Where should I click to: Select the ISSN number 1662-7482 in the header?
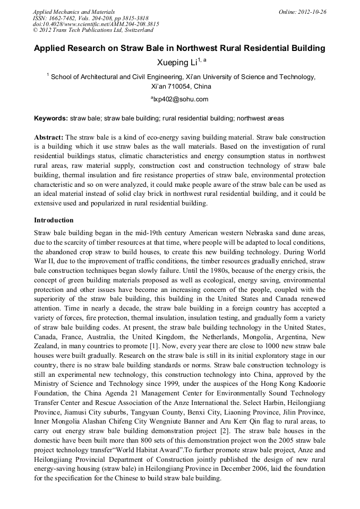click(65, 18)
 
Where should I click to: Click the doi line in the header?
click(96, 24)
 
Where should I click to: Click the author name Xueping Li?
click(176, 63)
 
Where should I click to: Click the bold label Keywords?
click(51, 118)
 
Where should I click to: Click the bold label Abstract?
click(49, 137)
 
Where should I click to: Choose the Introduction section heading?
click(54, 220)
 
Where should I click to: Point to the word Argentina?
click(286, 337)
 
